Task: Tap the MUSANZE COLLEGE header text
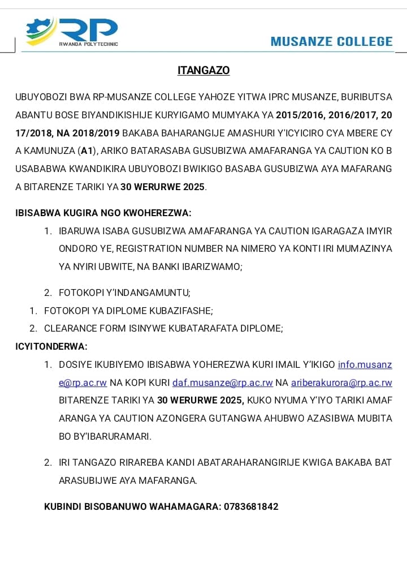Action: tap(331, 41)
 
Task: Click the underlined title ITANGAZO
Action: tap(203, 71)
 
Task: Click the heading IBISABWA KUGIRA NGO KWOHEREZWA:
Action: tap(103, 213)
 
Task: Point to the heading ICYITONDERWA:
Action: tap(51, 346)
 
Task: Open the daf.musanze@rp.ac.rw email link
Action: tap(223, 383)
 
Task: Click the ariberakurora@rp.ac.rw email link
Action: tap(341, 383)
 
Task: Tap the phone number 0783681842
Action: tap(251, 506)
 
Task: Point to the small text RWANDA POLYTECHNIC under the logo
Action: tap(89, 44)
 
